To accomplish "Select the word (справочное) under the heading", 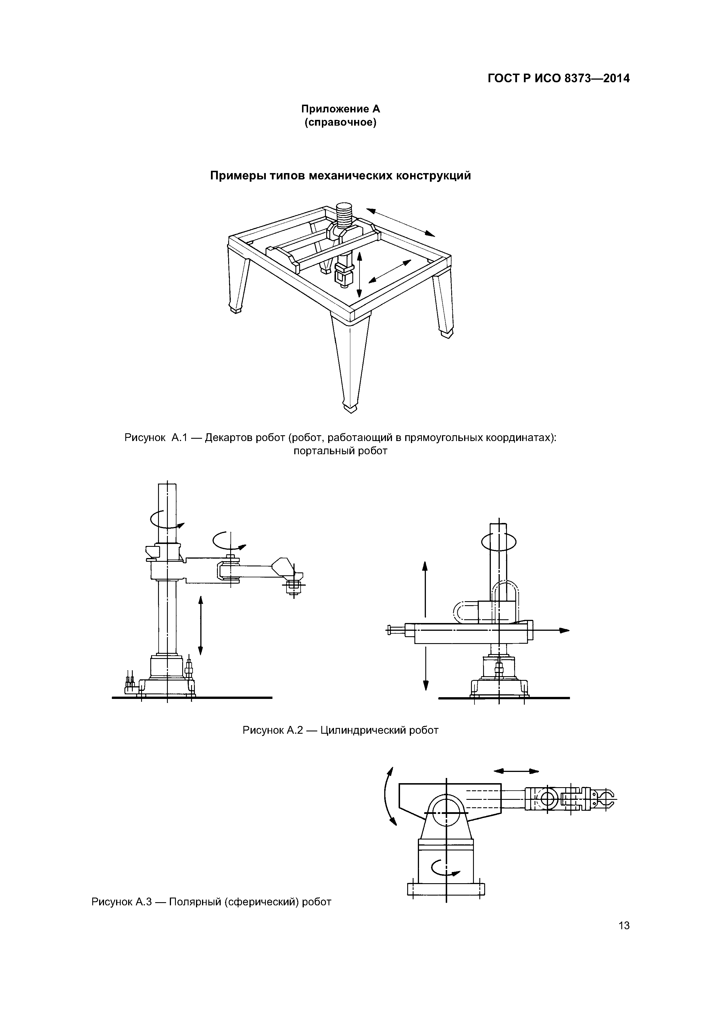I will tap(341, 122).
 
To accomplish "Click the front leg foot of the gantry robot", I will tap(351, 408).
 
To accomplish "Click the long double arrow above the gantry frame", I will tap(400, 222).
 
